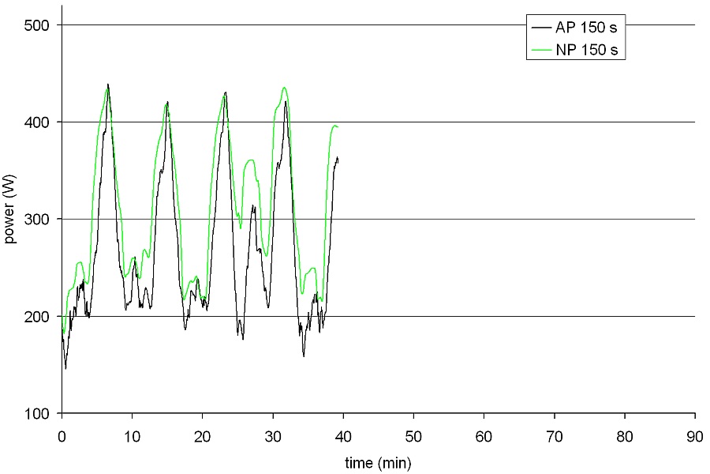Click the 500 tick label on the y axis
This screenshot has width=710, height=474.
click(x=39, y=25)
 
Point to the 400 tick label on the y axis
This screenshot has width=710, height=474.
click(x=39, y=122)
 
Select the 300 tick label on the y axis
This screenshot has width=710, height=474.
click(x=39, y=220)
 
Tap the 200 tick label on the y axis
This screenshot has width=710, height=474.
click(x=39, y=317)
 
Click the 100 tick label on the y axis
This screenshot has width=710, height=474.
click(x=39, y=414)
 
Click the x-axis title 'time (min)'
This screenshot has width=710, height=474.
click(x=378, y=462)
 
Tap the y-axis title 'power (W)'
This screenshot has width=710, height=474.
click(x=11, y=219)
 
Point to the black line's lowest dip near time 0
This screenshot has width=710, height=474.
click(x=65, y=368)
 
